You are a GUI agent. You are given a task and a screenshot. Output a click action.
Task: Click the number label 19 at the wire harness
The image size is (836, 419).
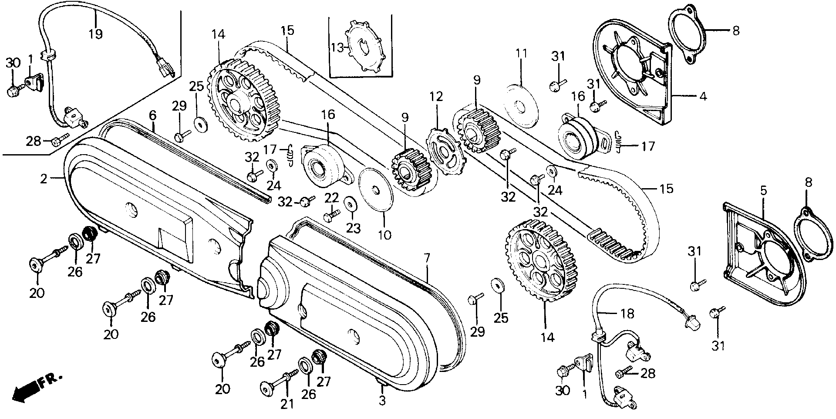(95, 34)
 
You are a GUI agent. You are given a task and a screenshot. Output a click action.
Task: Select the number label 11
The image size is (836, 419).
(522, 54)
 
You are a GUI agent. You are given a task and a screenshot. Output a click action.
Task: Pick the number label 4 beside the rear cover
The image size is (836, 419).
(703, 96)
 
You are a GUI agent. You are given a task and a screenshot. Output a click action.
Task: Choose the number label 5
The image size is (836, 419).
(764, 191)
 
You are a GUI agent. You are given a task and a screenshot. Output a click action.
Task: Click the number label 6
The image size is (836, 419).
(152, 115)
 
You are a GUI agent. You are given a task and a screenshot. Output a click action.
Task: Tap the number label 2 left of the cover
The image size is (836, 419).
(44, 179)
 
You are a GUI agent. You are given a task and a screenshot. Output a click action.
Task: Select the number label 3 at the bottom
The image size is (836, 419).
(382, 400)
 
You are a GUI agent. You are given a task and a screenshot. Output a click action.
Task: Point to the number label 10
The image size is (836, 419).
(384, 235)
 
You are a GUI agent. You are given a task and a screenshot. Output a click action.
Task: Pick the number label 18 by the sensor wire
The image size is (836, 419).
(627, 314)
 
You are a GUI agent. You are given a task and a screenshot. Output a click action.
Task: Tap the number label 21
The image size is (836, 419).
(287, 404)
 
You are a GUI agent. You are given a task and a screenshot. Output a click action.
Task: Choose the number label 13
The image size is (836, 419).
(337, 47)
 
